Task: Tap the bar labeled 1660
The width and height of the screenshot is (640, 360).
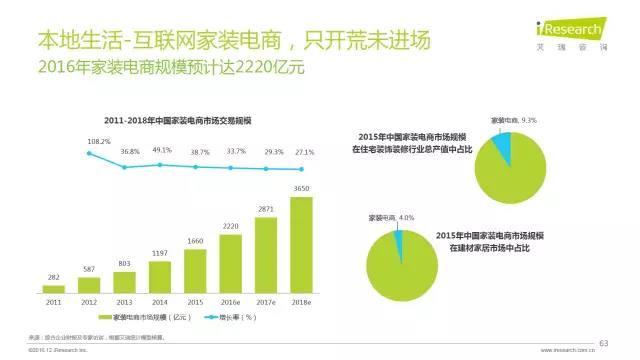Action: pos(195,267)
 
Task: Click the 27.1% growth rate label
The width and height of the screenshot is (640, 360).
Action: pos(301,152)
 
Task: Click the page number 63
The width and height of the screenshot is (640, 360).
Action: pos(603,343)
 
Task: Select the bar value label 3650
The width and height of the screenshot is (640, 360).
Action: pos(301,189)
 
